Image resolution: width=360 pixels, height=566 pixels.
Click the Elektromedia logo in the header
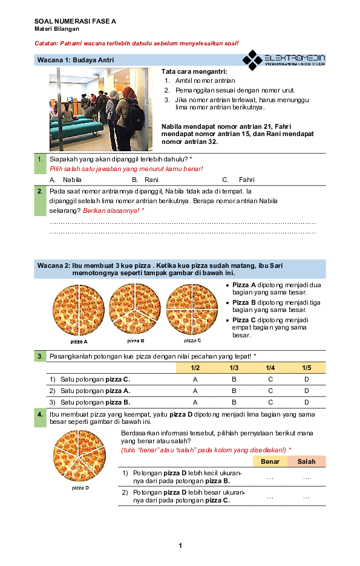click(x=284, y=60)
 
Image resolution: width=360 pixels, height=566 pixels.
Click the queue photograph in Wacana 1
click(x=101, y=109)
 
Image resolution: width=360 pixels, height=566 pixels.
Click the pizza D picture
click(x=82, y=457)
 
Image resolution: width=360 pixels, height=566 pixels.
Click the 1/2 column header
click(x=195, y=368)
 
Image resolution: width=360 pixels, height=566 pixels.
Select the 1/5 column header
click(x=307, y=368)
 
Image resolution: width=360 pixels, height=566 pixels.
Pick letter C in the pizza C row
click(x=270, y=379)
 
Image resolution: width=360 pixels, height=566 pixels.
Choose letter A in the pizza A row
click(x=195, y=391)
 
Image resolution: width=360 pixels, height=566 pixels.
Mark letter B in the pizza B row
click(x=234, y=402)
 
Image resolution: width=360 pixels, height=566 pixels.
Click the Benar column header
click(x=270, y=461)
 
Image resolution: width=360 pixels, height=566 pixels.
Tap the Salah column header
click(x=306, y=461)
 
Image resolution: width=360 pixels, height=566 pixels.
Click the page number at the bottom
click(x=180, y=547)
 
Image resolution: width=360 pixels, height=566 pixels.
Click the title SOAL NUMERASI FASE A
click(x=75, y=21)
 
